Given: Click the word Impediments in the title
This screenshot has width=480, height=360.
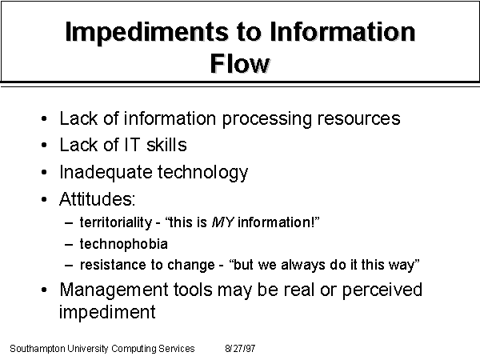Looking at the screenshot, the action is [x=146, y=33].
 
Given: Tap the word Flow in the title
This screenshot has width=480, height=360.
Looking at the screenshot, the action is [x=240, y=63].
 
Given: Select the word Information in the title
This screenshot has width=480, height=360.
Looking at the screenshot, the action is [x=342, y=31].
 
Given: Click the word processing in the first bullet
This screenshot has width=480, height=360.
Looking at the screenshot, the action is [x=266, y=119].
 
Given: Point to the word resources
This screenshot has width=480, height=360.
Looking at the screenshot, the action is [x=358, y=119].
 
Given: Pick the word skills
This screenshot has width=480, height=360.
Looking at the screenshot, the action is [x=166, y=145].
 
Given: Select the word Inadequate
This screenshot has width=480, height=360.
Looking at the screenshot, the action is [x=106, y=172].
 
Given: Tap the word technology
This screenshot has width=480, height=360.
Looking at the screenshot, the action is [x=202, y=172].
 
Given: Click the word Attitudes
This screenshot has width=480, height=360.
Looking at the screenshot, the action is [x=97, y=199].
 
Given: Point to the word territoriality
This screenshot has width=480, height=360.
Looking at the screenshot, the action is [x=116, y=222].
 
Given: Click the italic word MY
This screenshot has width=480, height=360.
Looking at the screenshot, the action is [x=223, y=222].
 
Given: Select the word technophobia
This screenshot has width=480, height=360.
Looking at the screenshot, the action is [x=124, y=244].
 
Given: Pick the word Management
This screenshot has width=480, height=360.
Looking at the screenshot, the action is [x=114, y=290].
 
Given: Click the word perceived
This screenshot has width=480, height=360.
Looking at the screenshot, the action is [x=382, y=290].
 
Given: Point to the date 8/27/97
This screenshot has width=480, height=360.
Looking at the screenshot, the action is [x=240, y=348].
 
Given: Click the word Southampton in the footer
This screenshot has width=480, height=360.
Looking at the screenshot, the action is [x=38, y=349].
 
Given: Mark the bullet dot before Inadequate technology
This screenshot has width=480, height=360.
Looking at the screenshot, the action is [x=44, y=172].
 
